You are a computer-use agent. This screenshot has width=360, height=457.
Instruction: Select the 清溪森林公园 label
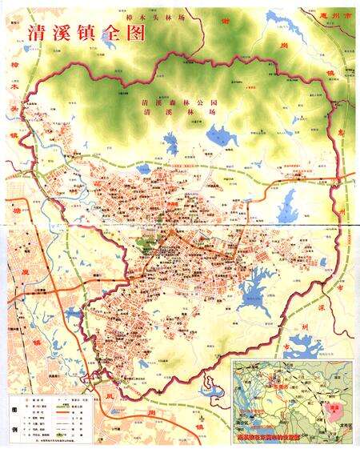click(x=170, y=103)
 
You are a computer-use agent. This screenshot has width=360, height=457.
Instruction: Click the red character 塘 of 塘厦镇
click(x=15, y=208)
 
